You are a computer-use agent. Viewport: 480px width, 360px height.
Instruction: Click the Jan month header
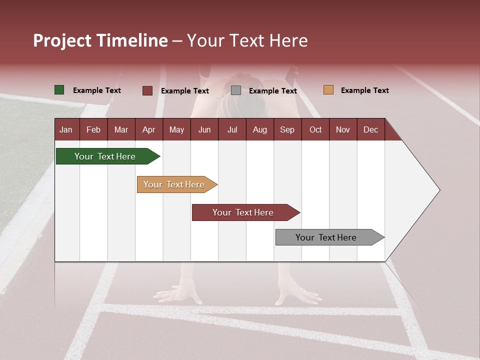pyautogui.click(x=66, y=130)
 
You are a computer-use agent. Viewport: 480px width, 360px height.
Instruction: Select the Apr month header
pyautogui.click(x=148, y=130)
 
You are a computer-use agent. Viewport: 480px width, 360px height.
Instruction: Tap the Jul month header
pyautogui.click(x=232, y=130)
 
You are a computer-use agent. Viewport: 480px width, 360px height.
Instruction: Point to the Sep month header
pyautogui.click(x=287, y=130)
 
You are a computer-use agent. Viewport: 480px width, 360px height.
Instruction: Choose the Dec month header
pyautogui.click(x=370, y=130)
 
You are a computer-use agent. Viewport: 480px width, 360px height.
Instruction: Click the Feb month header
pyautogui.click(x=93, y=130)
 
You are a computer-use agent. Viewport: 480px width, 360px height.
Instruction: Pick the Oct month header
pyautogui.click(x=315, y=130)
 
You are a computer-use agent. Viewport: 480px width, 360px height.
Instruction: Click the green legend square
pyautogui.click(x=59, y=90)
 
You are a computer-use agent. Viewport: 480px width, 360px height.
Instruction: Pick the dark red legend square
pyautogui.click(x=147, y=90)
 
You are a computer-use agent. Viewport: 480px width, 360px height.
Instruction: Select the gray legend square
pyautogui.click(x=236, y=90)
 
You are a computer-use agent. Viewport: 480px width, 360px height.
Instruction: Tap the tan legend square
pyautogui.click(x=328, y=90)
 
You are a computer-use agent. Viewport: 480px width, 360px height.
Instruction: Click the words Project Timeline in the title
pyautogui.click(x=100, y=40)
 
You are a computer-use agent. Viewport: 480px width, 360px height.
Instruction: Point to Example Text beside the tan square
pyautogui.click(x=364, y=90)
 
